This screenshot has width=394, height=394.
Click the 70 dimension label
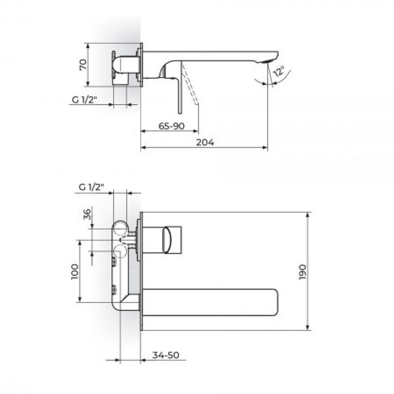pos(83,65)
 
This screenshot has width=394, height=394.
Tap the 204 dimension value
pos(205,143)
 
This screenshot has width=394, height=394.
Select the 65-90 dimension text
pos(171,126)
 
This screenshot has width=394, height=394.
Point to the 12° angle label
pos(279,71)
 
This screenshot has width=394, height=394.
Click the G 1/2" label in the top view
pos(84,100)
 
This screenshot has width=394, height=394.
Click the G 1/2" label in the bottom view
pos(91,187)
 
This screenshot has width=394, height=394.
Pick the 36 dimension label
pos(87,214)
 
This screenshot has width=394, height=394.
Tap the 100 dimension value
pos(75,271)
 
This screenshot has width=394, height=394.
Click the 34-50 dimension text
pos(166,355)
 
